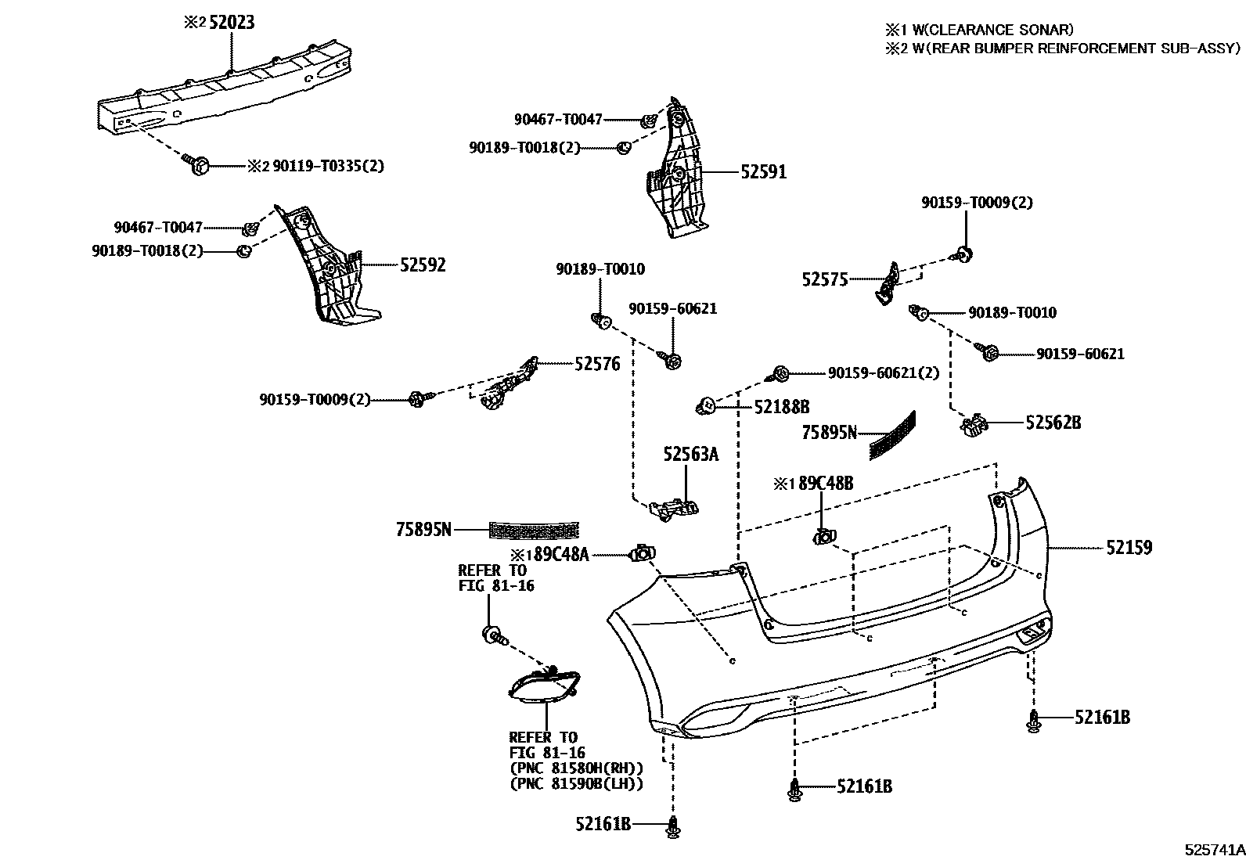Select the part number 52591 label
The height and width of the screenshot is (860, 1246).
click(x=763, y=172)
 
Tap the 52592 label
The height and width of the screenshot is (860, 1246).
click(x=423, y=265)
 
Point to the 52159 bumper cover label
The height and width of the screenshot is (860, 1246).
click(x=1129, y=548)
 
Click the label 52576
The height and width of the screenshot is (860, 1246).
click(x=597, y=364)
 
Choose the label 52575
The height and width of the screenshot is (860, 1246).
click(x=824, y=279)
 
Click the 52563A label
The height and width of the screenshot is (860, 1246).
click(x=690, y=454)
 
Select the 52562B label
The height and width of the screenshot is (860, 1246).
click(x=1053, y=423)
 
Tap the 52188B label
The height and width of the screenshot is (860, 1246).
click(x=781, y=407)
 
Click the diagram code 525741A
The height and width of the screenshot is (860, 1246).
click(x=1213, y=849)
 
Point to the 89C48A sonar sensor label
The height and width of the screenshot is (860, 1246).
click(x=559, y=555)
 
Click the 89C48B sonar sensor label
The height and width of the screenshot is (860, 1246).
click(x=825, y=484)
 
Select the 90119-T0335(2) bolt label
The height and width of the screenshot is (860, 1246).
click(x=328, y=166)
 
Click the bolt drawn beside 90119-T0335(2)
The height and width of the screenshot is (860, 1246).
click(x=197, y=164)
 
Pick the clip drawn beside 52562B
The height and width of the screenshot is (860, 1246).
click(x=973, y=425)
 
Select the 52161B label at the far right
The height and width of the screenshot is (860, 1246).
click(x=1101, y=718)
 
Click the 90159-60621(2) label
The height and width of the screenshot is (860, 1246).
click(x=883, y=373)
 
